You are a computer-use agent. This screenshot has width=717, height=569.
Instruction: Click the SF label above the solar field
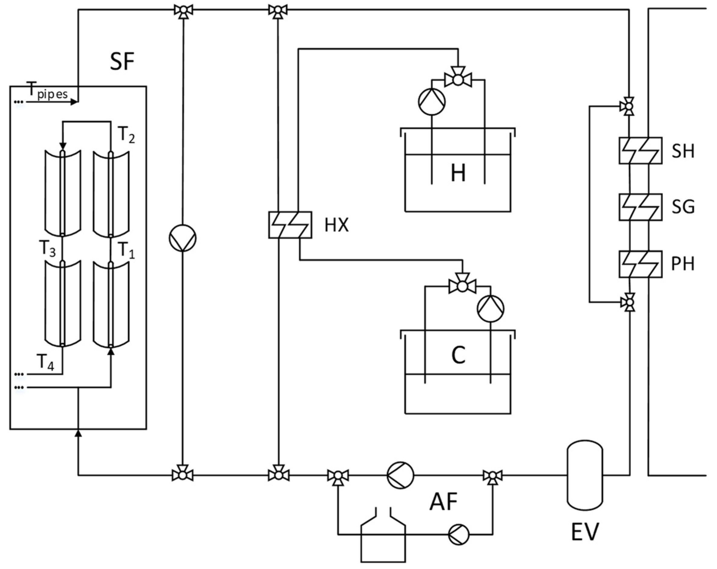point(122,62)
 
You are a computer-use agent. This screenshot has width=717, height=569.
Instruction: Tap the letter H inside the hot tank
point(458,173)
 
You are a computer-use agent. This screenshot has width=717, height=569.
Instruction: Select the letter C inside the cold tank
point(458,355)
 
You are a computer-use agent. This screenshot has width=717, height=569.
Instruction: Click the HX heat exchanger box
point(290,225)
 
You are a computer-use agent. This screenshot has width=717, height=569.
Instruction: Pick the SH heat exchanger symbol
point(640,151)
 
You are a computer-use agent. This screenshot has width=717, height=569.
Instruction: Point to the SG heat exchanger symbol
point(640,207)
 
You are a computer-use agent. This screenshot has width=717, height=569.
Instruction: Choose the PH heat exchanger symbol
point(640,264)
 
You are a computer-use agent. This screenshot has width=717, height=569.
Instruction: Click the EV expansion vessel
point(585,475)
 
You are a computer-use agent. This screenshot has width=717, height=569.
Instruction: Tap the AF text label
point(443,502)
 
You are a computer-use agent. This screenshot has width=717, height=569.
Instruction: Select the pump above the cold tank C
point(490,309)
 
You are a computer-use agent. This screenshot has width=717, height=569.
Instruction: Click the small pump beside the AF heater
point(459,535)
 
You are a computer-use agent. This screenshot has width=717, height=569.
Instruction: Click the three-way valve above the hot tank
point(458,80)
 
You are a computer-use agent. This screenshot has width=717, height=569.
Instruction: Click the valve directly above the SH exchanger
point(628,107)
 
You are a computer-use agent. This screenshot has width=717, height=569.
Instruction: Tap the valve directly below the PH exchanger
point(628,302)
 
